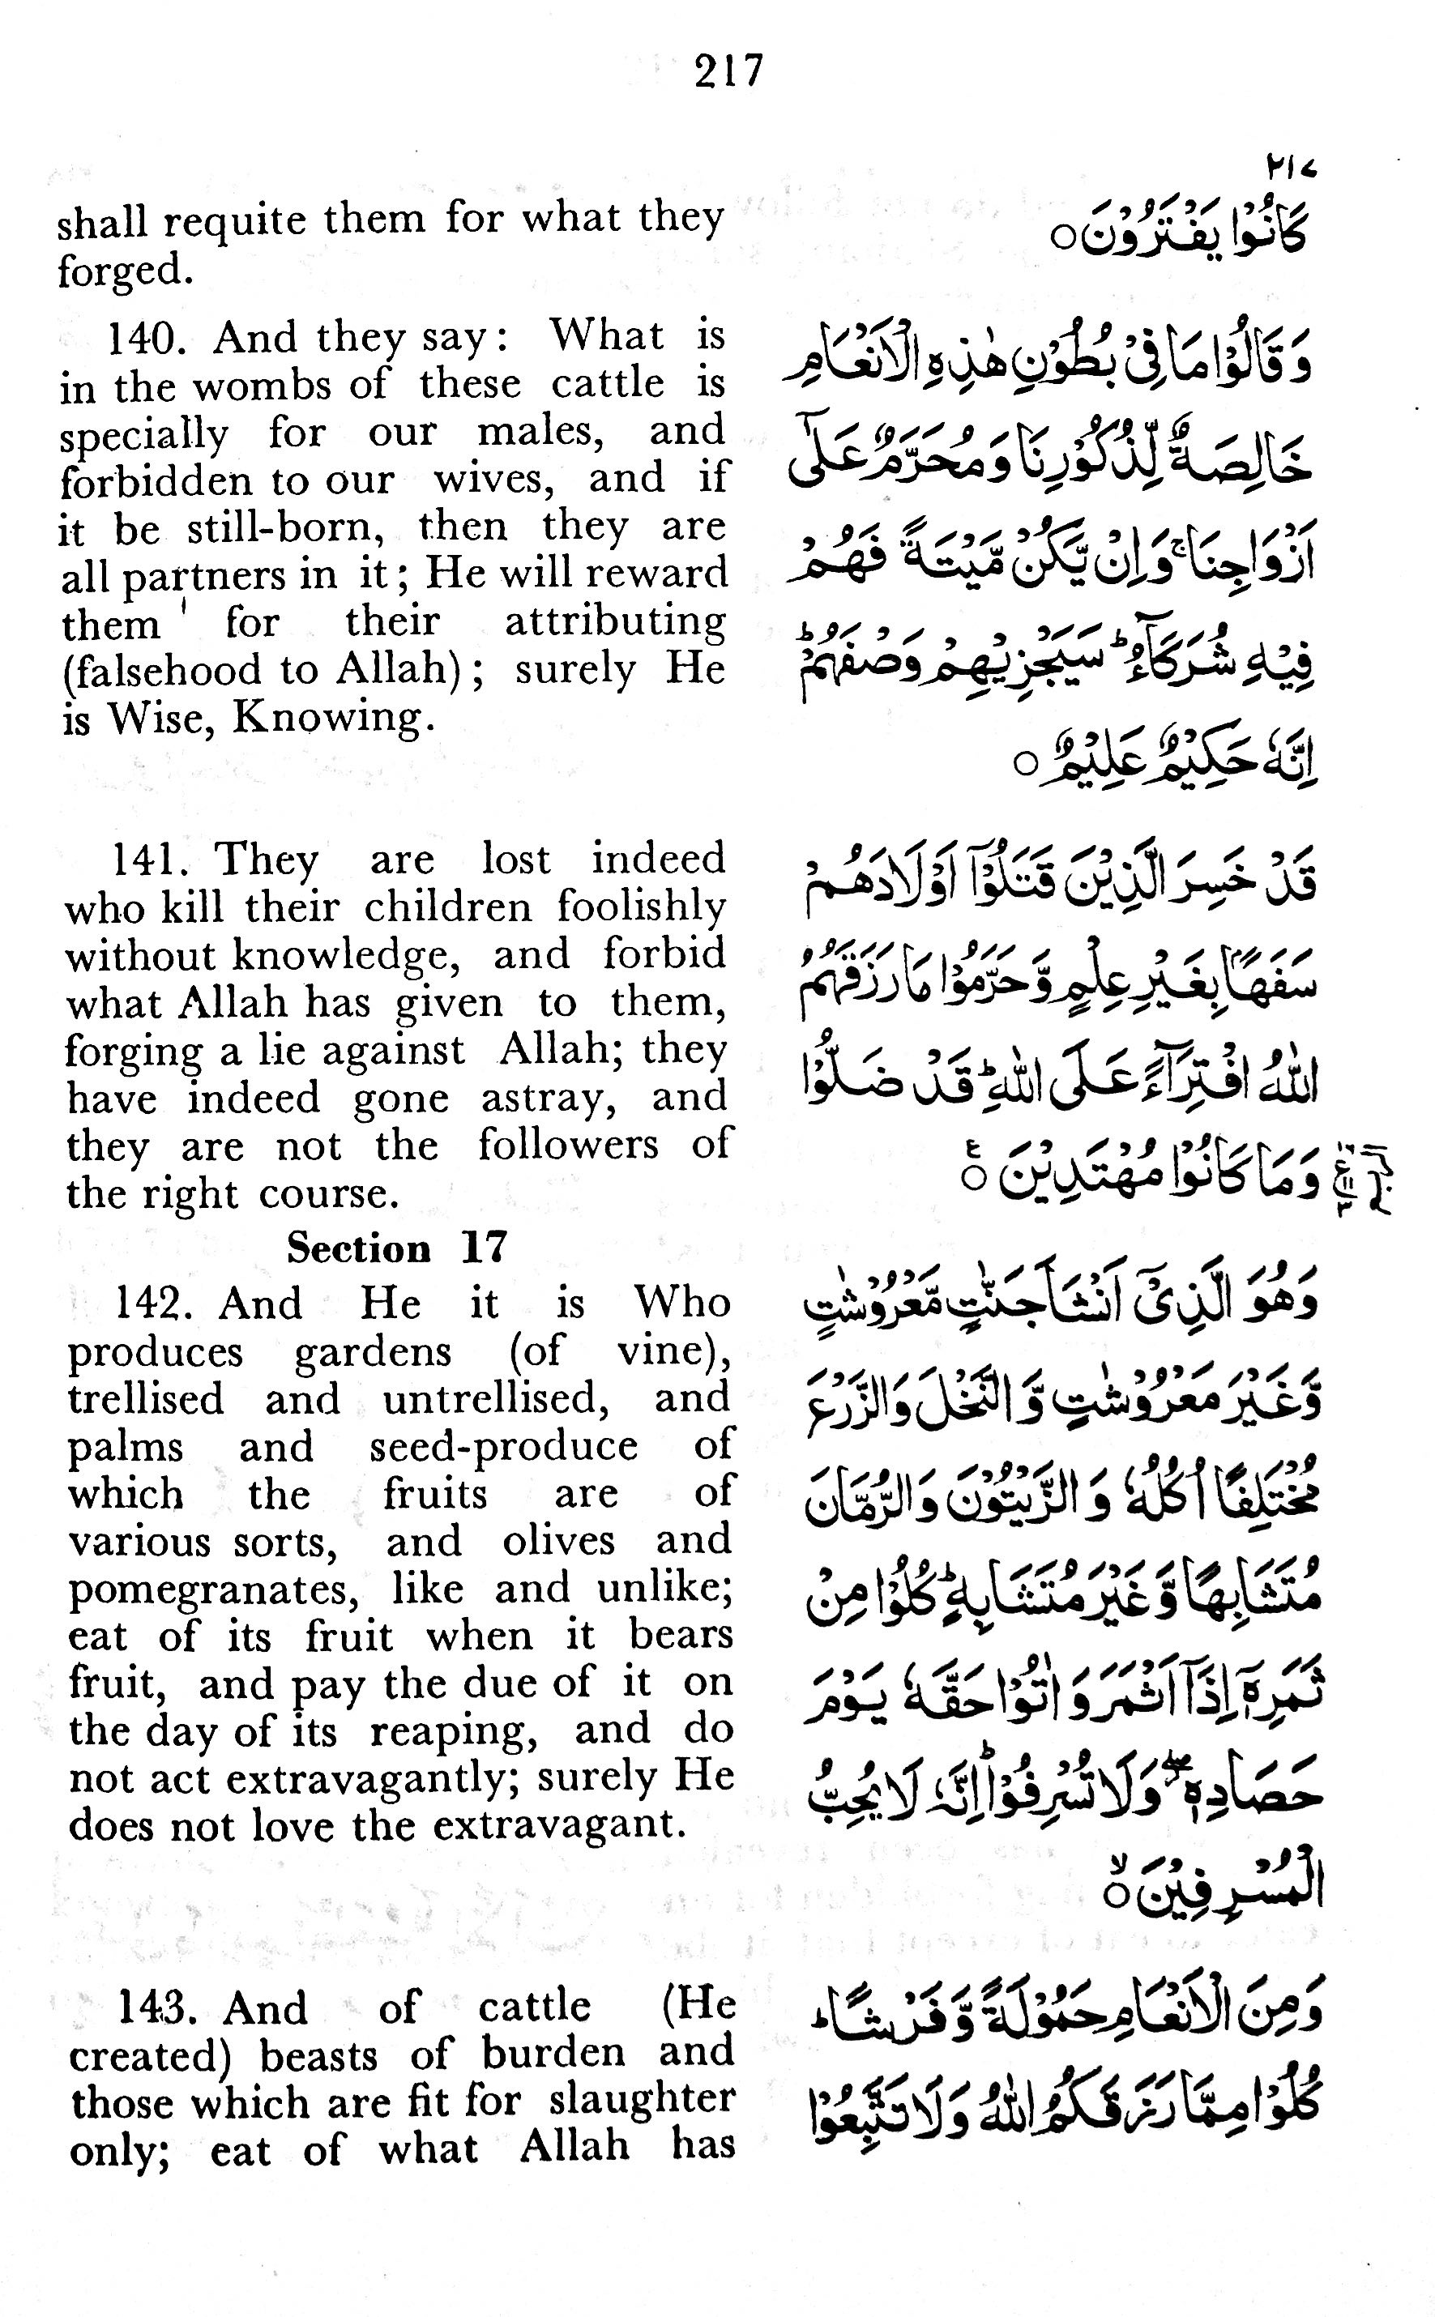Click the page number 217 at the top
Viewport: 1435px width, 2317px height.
728,71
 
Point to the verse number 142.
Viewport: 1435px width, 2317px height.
154,1303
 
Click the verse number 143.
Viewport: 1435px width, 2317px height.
156,2008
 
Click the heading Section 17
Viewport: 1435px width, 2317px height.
398,1248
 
